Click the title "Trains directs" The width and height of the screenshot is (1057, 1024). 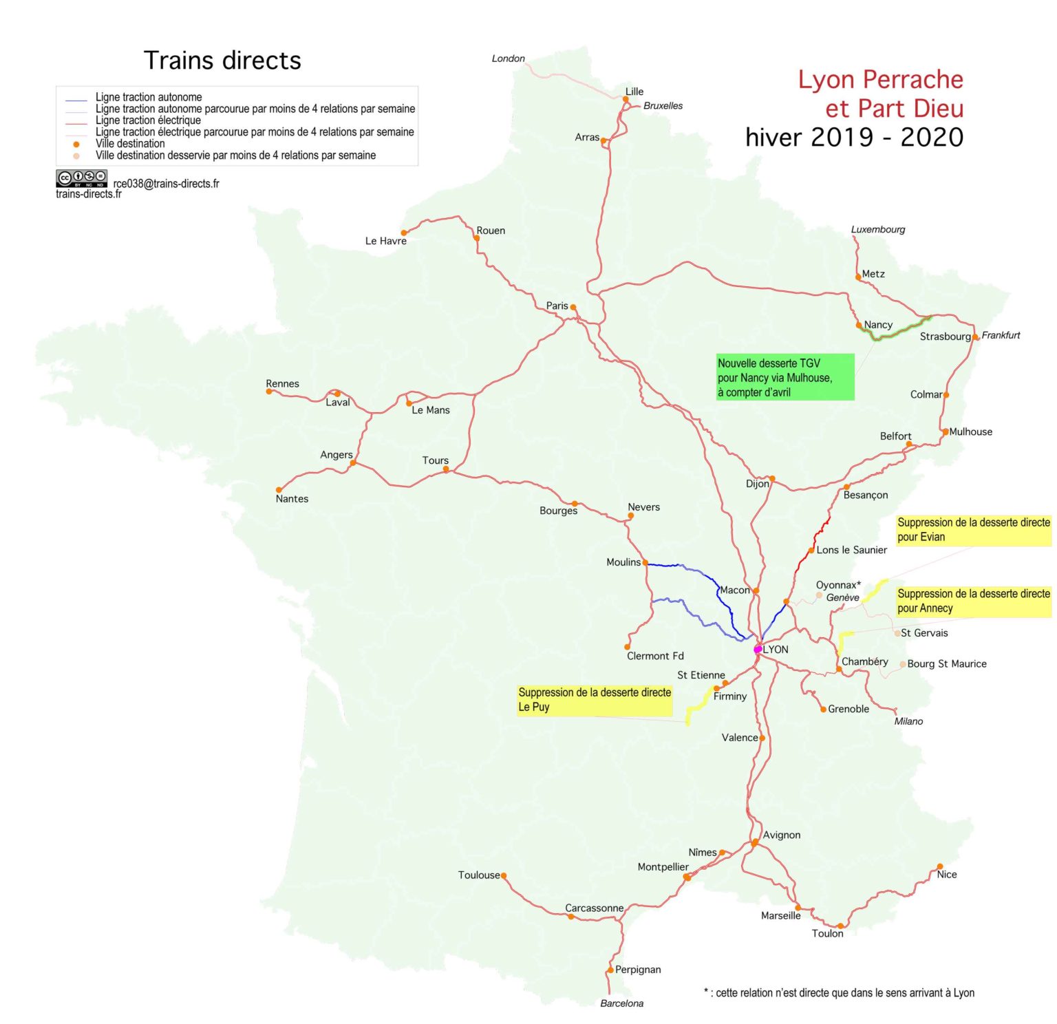tap(222, 61)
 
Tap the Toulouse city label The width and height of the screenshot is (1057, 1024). tap(479, 875)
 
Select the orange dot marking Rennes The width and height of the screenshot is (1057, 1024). tap(269, 392)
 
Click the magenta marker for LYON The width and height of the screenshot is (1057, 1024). tap(758, 649)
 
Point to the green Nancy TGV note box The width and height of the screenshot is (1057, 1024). tap(784, 377)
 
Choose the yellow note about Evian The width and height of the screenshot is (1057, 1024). tap(973, 530)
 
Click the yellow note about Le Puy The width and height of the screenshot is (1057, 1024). tap(595, 700)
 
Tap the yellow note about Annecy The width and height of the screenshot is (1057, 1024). tap(973, 601)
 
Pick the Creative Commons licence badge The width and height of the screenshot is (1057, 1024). tap(81, 178)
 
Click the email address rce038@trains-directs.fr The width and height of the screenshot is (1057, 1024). tap(167, 184)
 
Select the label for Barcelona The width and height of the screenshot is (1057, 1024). tap(621, 1003)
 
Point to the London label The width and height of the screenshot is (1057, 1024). tap(508, 58)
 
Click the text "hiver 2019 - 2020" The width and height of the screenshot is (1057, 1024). tap(854, 138)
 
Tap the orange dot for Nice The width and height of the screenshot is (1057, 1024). tap(940, 866)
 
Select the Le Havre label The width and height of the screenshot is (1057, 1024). tap(385, 241)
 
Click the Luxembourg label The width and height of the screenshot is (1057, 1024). tap(877, 229)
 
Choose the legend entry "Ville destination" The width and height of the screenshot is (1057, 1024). tap(130, 144)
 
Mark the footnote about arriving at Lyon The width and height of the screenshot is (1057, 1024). tap(839, 992)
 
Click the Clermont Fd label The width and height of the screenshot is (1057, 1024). tap(655, 656)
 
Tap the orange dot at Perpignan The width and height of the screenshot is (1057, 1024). tap(610, 970)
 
